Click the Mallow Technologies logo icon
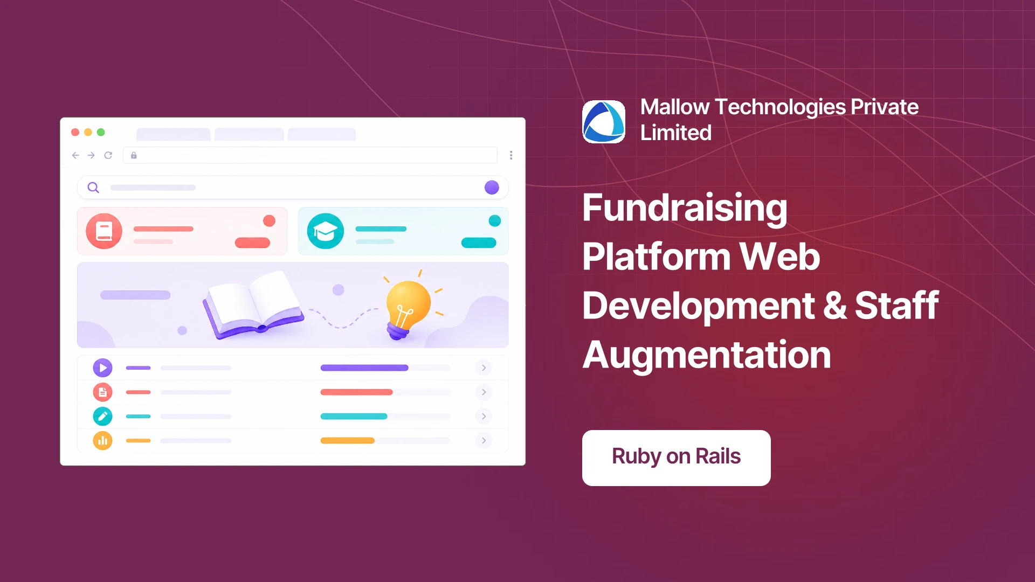(x=604, y=122)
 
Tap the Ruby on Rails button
(x=676, y=458)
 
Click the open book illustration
(x=252, y=304)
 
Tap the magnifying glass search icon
(x=93, y=188)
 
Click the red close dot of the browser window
(x=75, y=132)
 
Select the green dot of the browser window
(x=101, y=132)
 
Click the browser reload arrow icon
(x=108, y=155)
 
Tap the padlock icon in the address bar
(x=134, y=155)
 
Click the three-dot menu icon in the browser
(x=511, y=155)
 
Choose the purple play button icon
(x=102, y=368)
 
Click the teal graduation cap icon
(x=326, y=231)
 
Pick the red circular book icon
(x=104, y=231)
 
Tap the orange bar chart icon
(x=102, y=440)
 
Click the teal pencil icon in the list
(x=102, y=416)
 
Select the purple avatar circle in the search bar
(x=492, y=188)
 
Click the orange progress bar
(x=347, y=440)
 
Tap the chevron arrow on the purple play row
(x=484, y=368)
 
